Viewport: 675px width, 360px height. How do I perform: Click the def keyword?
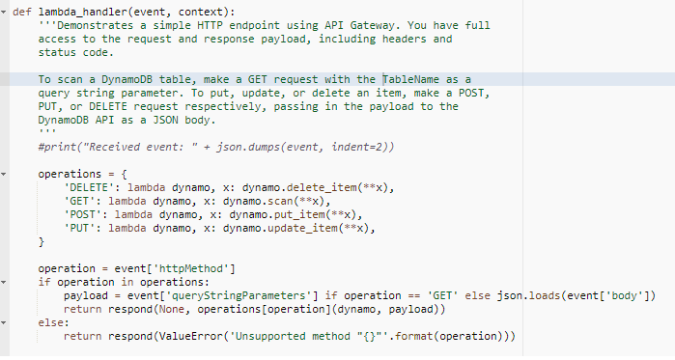tap(22, 12)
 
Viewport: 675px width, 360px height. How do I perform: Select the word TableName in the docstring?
tap(411, 79)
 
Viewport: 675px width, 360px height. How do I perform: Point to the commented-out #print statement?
tap(216, 147)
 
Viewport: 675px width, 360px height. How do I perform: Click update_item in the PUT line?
tap(302, 228)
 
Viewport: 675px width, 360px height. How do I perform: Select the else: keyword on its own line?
tap(54, 322)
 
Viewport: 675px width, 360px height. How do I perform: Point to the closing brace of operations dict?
tap(42, 241)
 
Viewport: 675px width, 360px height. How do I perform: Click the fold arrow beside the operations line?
tap(4, 174)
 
